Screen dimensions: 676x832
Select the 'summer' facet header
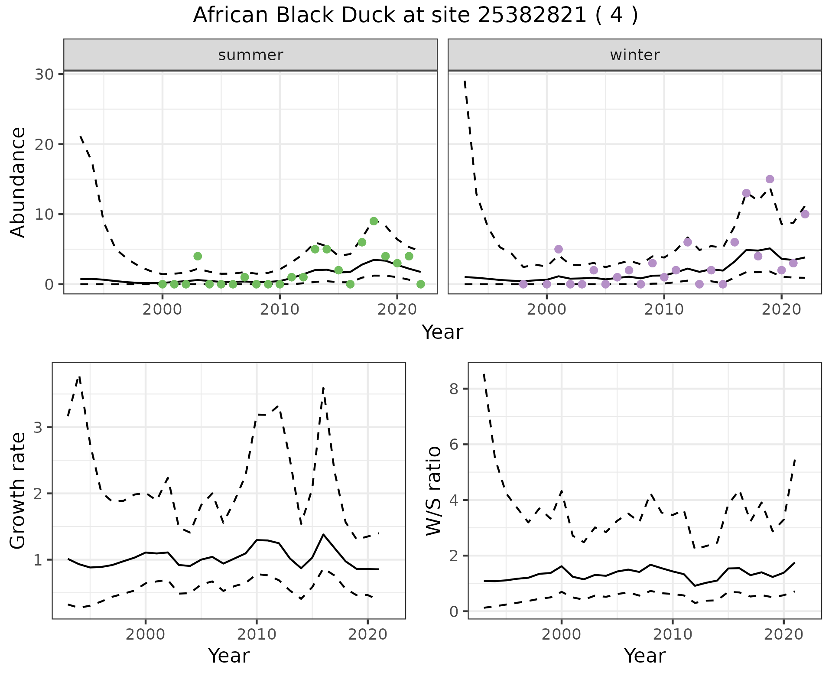[250, 55]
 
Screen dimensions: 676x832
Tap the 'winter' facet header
[634, 55]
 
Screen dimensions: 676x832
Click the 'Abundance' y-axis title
[18, 182]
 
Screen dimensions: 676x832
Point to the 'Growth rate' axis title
[18, 491]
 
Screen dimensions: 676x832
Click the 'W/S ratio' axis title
[434, 491]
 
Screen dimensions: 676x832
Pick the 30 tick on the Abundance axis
[43, 74]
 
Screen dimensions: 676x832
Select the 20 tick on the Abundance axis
[43, 144]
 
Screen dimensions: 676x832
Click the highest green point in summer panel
[374, 221]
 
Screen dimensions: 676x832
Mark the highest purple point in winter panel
[770, 179]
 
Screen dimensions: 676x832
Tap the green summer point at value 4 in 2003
[198, 256]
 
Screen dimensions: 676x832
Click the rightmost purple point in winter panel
[805, 214]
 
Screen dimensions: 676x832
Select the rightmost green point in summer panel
[420, 284]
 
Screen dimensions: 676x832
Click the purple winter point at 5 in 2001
[559, 249]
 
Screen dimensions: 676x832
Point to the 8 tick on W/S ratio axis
[454, 389]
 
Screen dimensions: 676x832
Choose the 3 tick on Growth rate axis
[39, 427]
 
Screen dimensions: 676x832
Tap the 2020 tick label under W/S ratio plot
[783, 635]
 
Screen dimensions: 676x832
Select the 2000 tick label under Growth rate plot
[145, 635]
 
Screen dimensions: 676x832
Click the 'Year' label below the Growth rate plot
[229, 656]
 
